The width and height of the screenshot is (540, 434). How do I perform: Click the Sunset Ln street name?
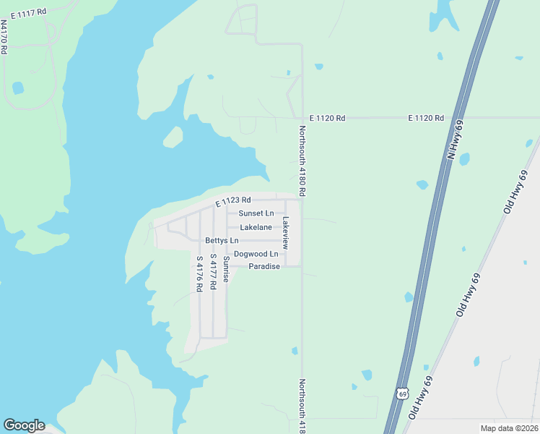click(256, 213)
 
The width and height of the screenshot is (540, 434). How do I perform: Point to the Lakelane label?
click(256, 227)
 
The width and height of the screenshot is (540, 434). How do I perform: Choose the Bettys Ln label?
click(222, 240)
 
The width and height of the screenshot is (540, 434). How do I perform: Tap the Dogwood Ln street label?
click(256, 254)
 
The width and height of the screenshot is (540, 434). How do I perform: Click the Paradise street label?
click(264, 267)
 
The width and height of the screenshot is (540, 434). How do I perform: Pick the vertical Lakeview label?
click(286, 233)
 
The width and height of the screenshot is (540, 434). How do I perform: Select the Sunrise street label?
click(226, 269)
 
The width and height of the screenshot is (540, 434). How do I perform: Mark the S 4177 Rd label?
click(213, 272)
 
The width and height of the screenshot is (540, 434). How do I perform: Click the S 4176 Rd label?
click(199, 273)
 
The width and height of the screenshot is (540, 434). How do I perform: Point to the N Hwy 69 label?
click(456, 140)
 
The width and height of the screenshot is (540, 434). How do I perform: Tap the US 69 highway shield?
click(402, 393)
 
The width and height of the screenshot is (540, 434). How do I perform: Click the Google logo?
click(24, 425)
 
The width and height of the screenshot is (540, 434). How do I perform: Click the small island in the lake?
click(173, 136)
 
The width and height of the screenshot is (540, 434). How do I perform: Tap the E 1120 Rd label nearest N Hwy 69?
click(425, 117)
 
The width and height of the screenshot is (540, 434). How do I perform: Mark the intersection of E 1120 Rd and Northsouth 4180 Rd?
click(302, 117)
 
